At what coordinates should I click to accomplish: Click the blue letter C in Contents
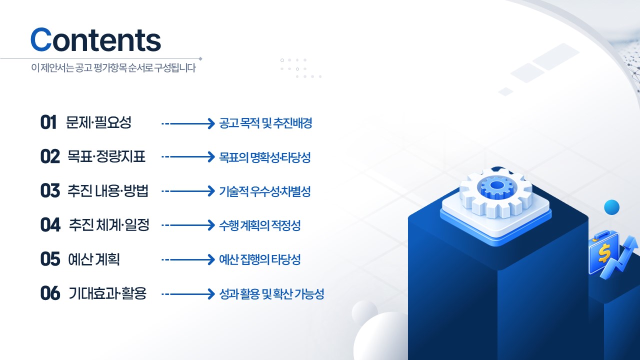pos(41,39)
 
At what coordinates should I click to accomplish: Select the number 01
pos(48,122)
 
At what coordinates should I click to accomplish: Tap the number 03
pos(50,190)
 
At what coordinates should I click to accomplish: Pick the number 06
pos(50,293)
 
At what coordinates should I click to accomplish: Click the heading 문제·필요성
pos(98,122)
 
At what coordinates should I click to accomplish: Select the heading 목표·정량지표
pos(106,156)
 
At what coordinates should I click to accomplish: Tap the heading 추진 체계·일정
pos(109,225)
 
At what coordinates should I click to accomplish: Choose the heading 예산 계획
pos(94,259)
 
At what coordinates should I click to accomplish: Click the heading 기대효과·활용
pos(107,293)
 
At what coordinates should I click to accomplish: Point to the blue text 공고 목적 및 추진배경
pos(265,123)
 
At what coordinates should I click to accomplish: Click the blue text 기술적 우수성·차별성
pos(265,191)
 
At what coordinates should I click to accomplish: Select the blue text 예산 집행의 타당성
pos(259,259)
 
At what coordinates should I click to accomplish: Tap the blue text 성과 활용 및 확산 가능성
pos(271,293)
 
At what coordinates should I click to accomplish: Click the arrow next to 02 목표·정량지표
pos(188,157)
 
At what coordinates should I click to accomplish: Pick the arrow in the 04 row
pos(188,225)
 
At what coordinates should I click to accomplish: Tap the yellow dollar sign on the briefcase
pos(603,253)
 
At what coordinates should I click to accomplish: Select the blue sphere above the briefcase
pos(611,207)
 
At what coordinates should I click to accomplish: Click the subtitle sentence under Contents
pos(113,68)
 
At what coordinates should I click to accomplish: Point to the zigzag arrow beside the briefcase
pos(620,257)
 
